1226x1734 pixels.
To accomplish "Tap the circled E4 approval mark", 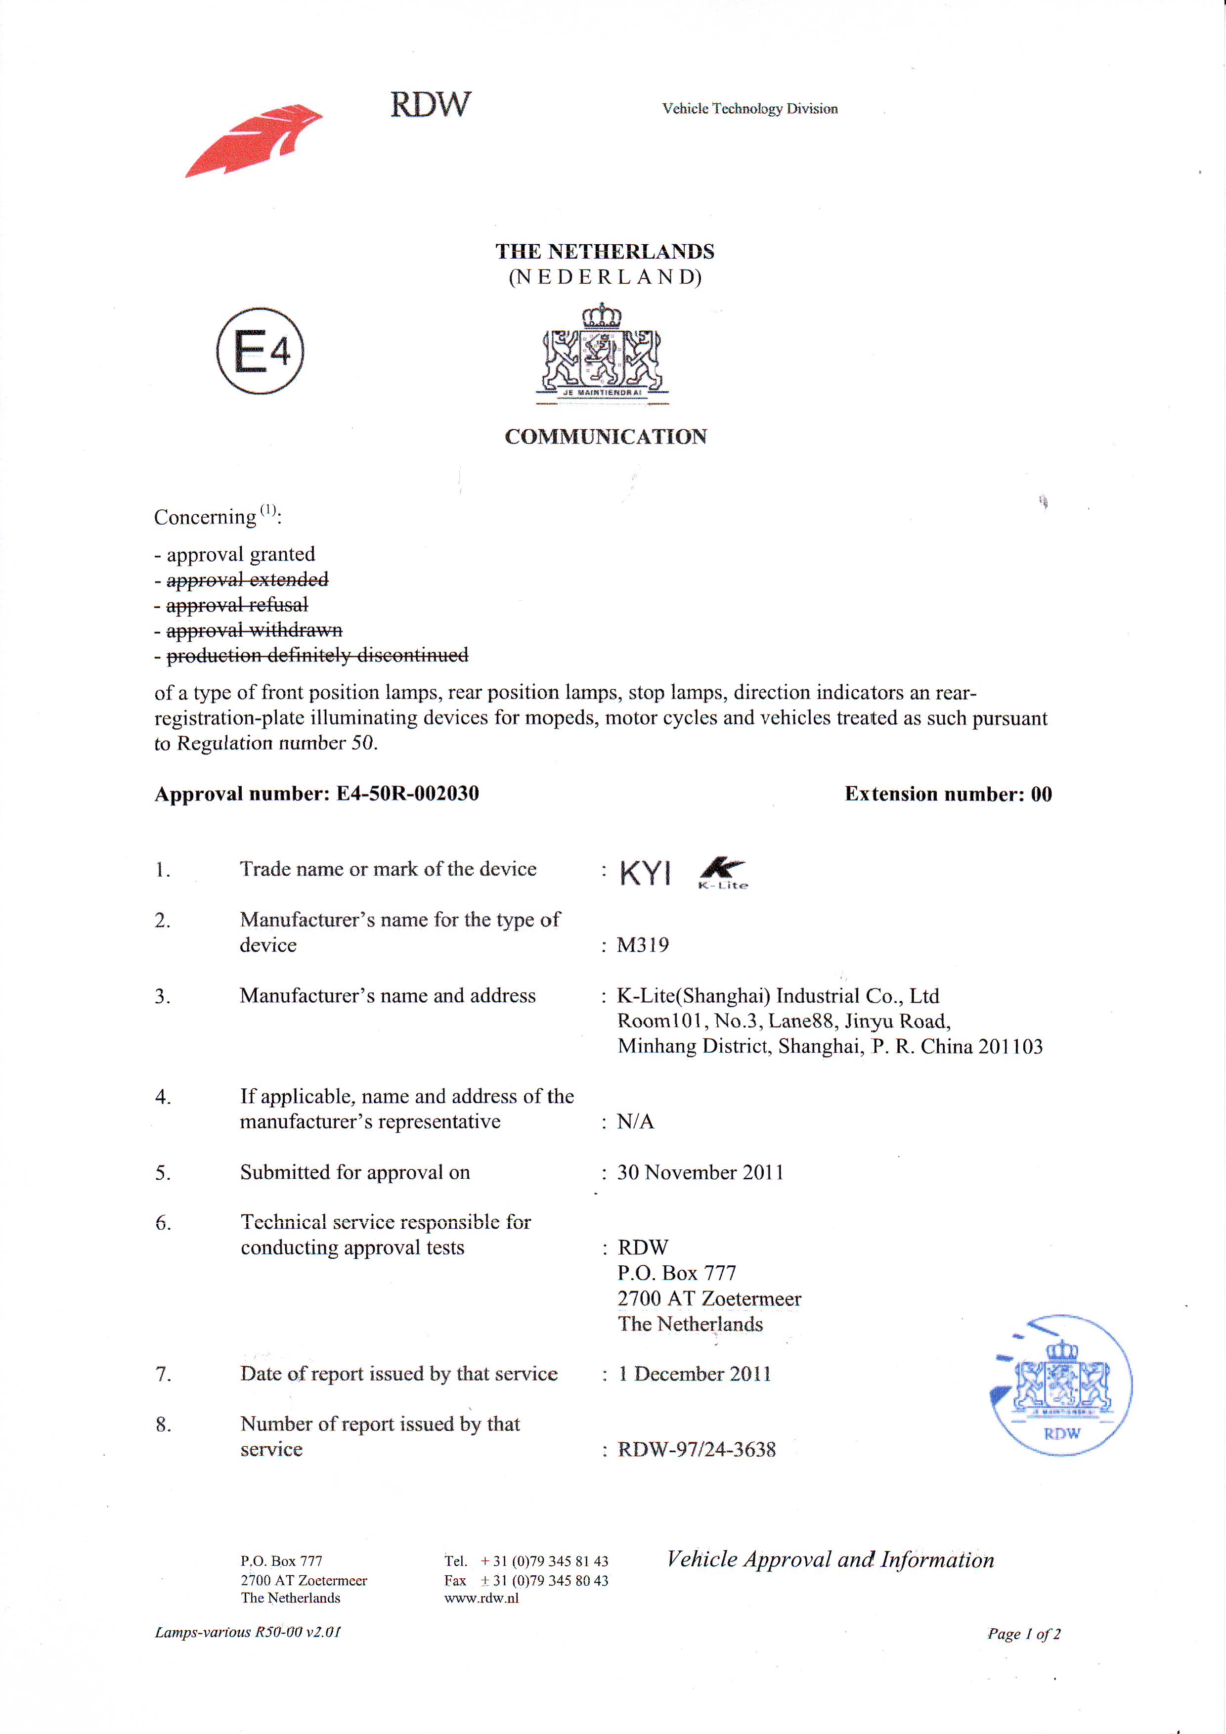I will [x=261, y=351].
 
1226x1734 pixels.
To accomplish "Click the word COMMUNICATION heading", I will [x=606, y=437].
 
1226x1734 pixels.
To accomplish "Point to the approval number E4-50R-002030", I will [x=408, y=794].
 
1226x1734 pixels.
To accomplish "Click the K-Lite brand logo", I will [x=722, y=873].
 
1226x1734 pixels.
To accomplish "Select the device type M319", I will [x=643, y=945].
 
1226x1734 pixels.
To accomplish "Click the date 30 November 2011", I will [x=701, y=1172].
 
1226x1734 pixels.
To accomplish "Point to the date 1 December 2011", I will [x=695, y=1374].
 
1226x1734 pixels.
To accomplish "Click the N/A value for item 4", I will [x=635, y=1121].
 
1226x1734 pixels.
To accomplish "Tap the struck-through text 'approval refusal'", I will [x=237, y=605].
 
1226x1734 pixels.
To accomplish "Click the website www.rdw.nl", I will [x=481, y=1598].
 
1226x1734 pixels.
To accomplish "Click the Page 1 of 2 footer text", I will [x=1024, y=1634].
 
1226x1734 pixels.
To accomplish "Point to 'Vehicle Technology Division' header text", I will [x=749, y=109].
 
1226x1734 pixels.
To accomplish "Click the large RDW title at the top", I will [x=430, y=104].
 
